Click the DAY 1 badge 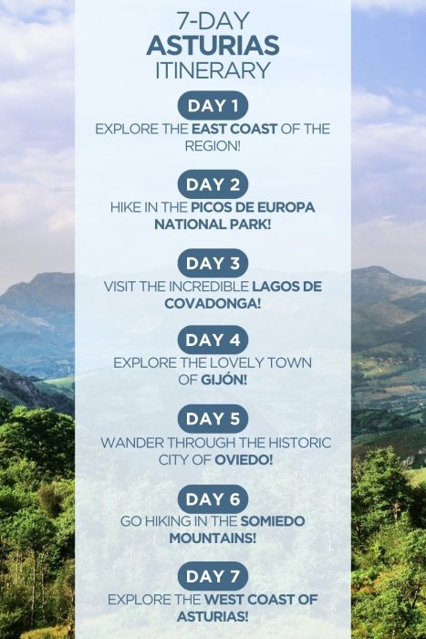coord(213,106)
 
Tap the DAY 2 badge coord(213,184)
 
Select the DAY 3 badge coord(213,264)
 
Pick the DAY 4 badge coord(213,340)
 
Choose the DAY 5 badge coord(213,420)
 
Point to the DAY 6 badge coord(213,498)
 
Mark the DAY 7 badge coord(213,577)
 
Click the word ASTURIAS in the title coord(213,47)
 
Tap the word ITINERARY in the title coord(213,70)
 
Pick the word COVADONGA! coord(213,302)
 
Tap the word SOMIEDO coord(273,521)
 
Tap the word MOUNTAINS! coord(213,538)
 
